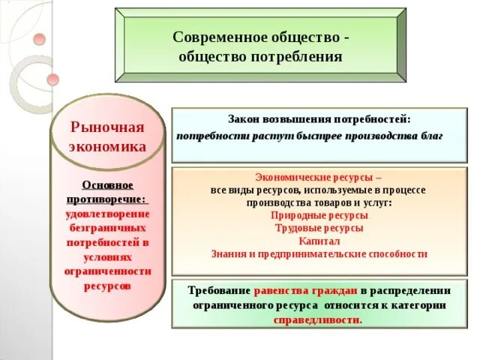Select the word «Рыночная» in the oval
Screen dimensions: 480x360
[106, 127]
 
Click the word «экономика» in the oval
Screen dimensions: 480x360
[107, 146]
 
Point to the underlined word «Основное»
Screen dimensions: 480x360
[107, 184]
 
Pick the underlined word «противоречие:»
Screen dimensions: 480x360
[107, 199]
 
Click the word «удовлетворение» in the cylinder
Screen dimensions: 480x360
[107, 214]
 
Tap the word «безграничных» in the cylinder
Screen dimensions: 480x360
[107, 228]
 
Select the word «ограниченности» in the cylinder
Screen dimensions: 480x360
[107, 271]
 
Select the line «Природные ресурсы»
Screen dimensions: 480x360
[319, 215]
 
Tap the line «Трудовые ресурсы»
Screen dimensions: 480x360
[319, 228]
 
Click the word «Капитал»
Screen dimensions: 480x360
[319, 241]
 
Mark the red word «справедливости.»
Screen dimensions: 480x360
[319, 319]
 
